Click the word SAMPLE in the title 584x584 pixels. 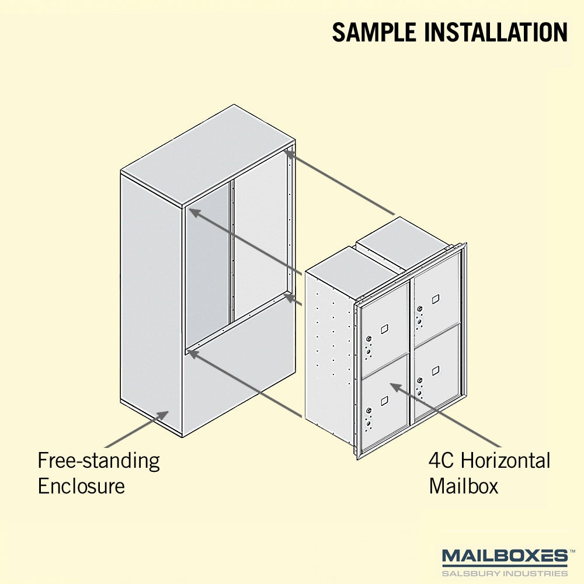pyautogui.click(x=374, y=32)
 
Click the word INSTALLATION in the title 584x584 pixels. pyautogui.click(x=496, y=32)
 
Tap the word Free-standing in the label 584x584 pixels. pyautogui.click(x=99, y=461)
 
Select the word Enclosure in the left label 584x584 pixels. pyautogui.click(x=81, y=486)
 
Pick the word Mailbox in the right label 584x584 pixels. pyautogui.click(x=463, y=486)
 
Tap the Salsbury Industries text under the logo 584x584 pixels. pyautogui.click(x=505, y=573)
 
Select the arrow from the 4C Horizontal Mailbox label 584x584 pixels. pyautogui.click(x=446, y=415)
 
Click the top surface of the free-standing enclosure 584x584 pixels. pyautogui.click(x=208, y=155)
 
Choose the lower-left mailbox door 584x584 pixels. pyautogui.click(x=385, y=402)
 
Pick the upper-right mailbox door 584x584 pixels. pyautogui.click(x=436, y=300)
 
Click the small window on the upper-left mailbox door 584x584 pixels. pyautogui.click(x=384, y=329)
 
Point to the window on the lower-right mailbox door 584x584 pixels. pyautogui.click(x=436, y=371)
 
